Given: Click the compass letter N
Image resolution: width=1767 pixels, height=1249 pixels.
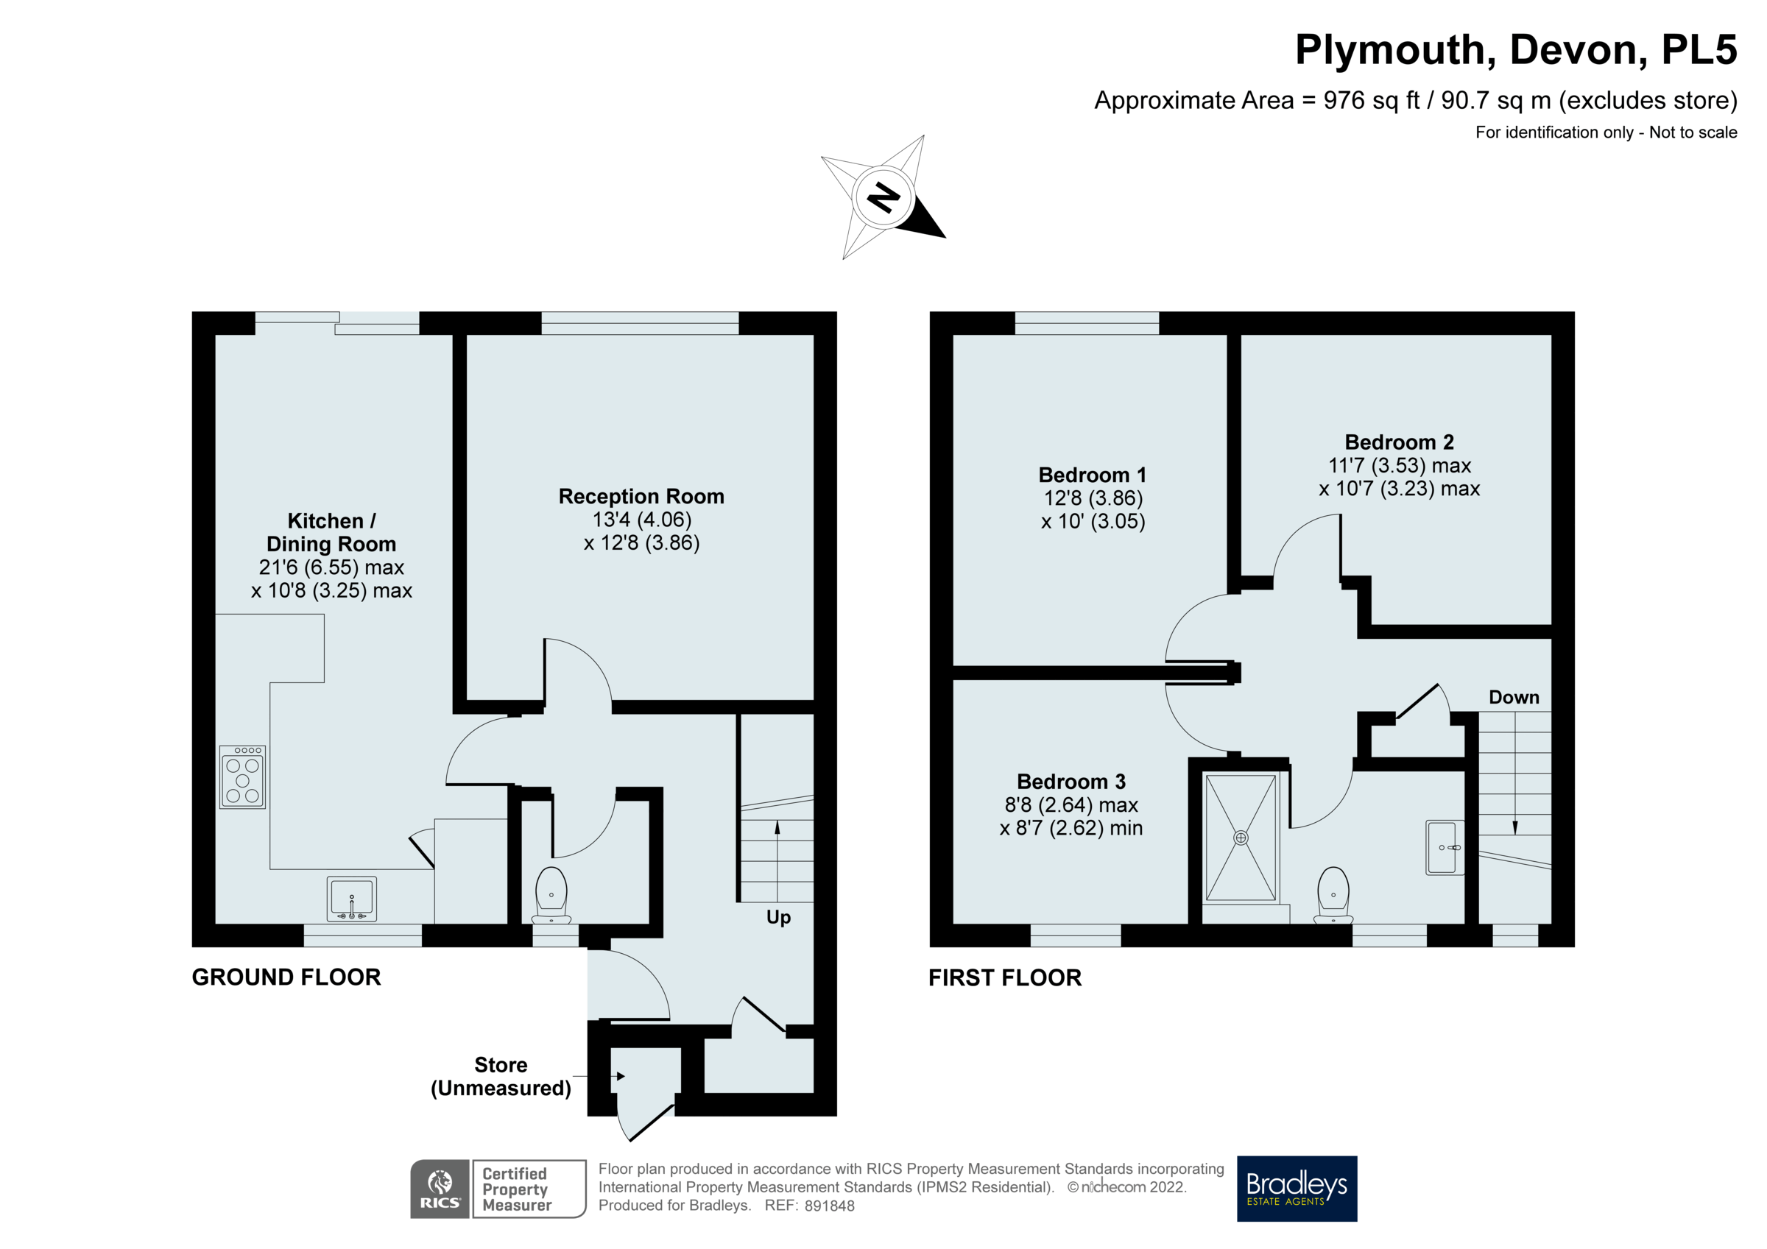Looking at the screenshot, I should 883,198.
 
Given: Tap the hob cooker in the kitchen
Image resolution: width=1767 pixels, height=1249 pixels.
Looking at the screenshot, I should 242,776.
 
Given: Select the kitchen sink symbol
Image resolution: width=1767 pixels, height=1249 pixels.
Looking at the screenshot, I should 352,899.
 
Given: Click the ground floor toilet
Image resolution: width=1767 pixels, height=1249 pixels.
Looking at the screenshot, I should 551,895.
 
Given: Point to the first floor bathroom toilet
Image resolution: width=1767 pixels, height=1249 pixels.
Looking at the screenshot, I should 1333,895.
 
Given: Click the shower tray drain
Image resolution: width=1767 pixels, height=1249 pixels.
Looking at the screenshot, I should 1241,838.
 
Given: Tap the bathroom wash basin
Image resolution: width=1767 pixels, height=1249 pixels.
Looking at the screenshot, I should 1444,847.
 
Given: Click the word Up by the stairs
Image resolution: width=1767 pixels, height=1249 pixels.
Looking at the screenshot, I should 778,917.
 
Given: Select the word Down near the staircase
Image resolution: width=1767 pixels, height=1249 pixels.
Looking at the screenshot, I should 1514,697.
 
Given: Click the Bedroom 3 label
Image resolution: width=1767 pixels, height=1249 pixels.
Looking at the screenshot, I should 1071,781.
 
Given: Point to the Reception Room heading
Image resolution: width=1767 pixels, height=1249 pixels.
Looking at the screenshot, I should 641,496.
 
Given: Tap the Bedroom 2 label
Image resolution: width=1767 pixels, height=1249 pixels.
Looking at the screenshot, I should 1398,442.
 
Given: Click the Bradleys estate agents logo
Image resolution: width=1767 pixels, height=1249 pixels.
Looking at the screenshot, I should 1297,1188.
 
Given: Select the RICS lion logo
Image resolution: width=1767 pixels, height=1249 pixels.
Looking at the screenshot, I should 440,1188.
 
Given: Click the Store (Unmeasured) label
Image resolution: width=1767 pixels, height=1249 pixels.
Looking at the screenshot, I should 501,1076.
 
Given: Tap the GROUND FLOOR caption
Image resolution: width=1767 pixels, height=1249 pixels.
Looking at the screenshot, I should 286,977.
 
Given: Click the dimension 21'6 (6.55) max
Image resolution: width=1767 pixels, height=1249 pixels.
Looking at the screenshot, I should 331,567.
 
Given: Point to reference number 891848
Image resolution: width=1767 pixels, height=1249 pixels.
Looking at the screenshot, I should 829,1206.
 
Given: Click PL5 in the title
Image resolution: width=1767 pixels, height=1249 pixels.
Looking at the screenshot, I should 1699,50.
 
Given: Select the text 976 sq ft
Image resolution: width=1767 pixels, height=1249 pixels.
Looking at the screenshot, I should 1371,101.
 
